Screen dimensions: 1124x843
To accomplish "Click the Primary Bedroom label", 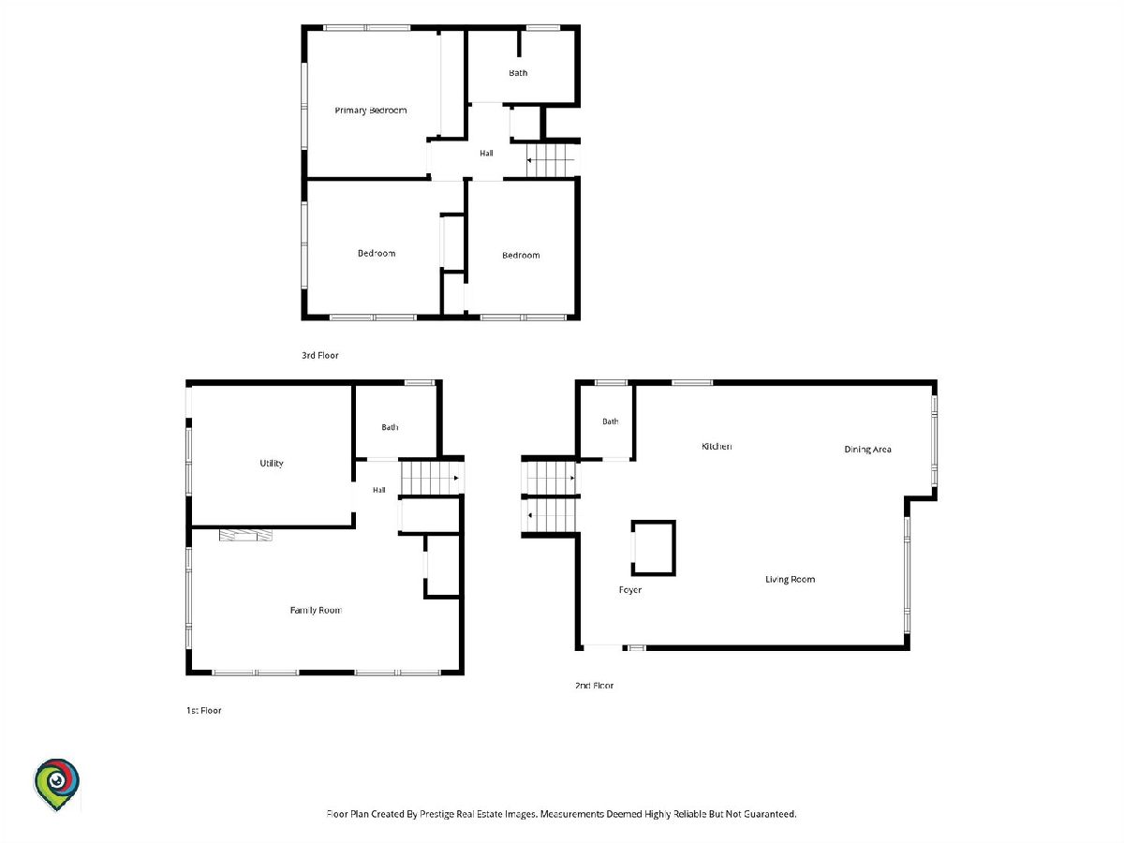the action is point(370,111).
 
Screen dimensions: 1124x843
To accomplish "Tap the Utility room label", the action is point(272,464).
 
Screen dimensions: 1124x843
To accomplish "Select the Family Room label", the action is point(316,610).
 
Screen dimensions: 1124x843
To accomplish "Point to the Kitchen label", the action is point(717,447).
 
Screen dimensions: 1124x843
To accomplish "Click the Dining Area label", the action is point(867,450).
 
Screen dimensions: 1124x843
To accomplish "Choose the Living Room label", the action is point(791,580).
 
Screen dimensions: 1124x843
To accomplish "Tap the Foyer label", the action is point(629,590).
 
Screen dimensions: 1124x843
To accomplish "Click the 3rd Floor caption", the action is point(320,355).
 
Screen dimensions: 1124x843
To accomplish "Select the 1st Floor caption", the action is point(204,710).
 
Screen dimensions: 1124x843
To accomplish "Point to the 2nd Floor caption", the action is point(594,686).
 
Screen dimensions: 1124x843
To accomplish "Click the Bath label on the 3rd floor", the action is point(518,73).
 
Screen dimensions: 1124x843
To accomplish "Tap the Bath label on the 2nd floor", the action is point(611,421).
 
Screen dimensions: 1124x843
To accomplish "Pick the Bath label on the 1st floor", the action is point(390,427).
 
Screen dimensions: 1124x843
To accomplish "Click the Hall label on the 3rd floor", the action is point(486,153).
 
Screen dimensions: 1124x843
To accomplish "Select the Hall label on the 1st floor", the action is point(379,490).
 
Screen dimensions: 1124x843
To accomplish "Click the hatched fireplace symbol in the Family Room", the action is point(245,535).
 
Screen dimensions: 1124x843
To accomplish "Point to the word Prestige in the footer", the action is point(437,814).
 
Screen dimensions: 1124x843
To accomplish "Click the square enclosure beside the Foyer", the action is point(654,548).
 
